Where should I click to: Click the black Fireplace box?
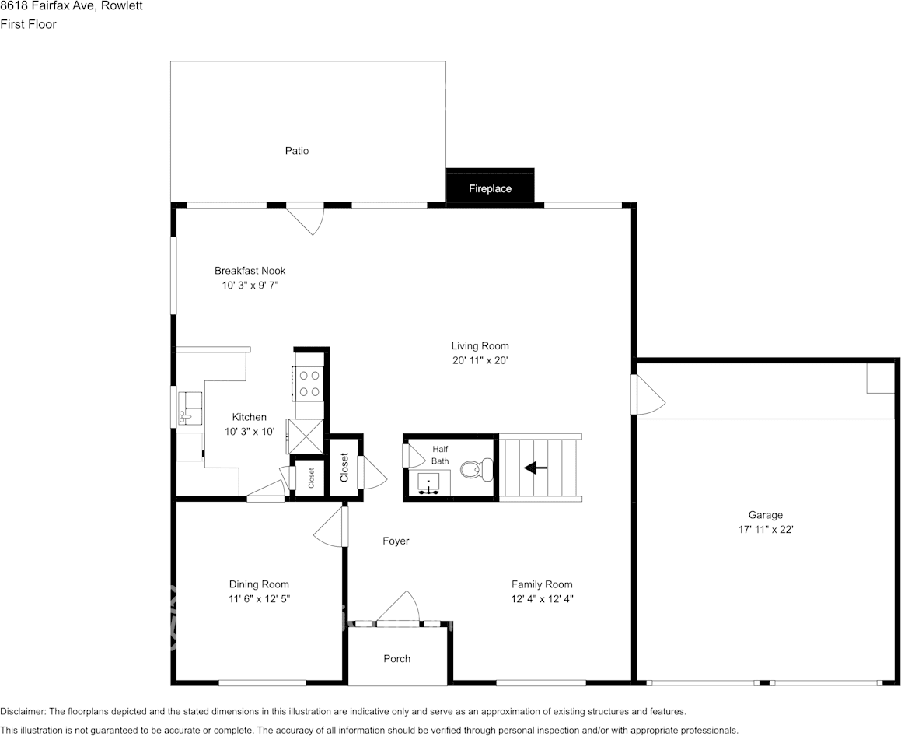click(490, 187)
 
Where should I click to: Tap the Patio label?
click(296, 151)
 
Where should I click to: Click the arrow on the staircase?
click(535, 468)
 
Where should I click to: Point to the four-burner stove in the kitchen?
click(309, 384)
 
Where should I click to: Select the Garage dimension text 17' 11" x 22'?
click(765, 529)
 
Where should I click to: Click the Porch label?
click(396, 659)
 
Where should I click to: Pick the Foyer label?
click(396, 541)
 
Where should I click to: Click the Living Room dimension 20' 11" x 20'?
click(480, 361)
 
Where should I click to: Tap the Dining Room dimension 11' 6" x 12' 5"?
click(259, 599)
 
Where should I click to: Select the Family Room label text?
click(541, 584)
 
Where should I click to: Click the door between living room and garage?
click(648, 395)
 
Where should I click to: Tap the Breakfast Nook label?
click(250, 271)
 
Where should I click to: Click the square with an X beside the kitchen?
click(305, 436)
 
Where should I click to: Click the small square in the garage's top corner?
click(880, 378)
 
